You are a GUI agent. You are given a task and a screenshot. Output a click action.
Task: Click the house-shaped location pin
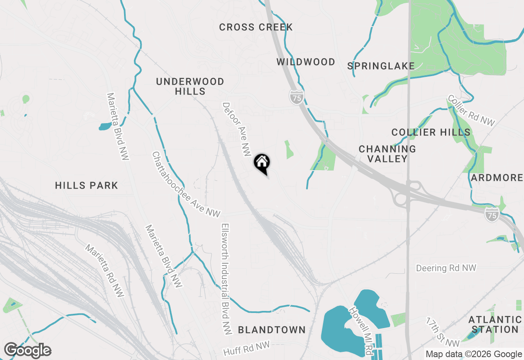[262, 163]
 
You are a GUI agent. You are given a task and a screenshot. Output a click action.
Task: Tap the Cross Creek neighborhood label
[256, 27]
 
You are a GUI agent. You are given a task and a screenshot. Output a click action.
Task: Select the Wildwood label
[306, 62]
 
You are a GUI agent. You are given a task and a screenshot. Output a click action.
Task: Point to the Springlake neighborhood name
[381, 66]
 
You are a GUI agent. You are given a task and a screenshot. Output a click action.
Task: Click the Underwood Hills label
[190, 86]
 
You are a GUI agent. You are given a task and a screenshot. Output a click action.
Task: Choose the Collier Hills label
[431, 133]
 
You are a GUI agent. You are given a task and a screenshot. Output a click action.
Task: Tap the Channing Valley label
[387, 154]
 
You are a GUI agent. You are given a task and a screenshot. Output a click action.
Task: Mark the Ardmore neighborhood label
[497, 178]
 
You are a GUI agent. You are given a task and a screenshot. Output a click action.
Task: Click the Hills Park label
[86, 186]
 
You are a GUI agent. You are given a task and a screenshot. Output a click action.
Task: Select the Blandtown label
[272, 330]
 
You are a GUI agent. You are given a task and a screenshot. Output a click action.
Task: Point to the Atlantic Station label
[495, 324]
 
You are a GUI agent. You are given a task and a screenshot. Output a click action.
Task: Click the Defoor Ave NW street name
[236, 129]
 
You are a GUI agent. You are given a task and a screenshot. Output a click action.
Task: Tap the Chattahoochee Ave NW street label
[186, 184]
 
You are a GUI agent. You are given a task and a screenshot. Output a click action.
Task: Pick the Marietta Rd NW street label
[104, 271]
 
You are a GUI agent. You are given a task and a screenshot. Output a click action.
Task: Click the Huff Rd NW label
[246, 349]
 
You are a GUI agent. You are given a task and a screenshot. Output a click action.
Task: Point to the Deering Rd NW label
[446, 268]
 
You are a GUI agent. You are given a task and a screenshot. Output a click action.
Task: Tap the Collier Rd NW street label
[471, 110]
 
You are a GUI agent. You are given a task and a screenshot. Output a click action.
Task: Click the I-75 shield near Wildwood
[297, 97]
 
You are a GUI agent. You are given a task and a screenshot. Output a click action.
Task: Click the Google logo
[27, 351]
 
